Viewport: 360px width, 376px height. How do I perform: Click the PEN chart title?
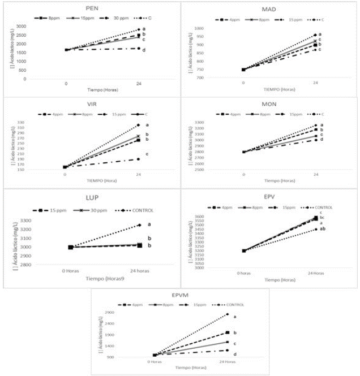click(91, 8)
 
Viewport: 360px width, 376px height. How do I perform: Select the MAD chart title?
click(269, 10)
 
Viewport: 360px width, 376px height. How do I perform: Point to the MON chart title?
click(269, 104)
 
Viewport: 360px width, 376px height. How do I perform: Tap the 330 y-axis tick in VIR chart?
click(20, 122)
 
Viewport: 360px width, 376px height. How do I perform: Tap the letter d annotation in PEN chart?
click(144, 50)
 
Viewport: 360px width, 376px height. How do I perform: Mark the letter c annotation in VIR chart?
click(147, 154)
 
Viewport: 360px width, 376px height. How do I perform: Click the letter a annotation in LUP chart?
click(149, 224)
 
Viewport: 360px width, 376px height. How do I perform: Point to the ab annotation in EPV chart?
click(323, 229)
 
